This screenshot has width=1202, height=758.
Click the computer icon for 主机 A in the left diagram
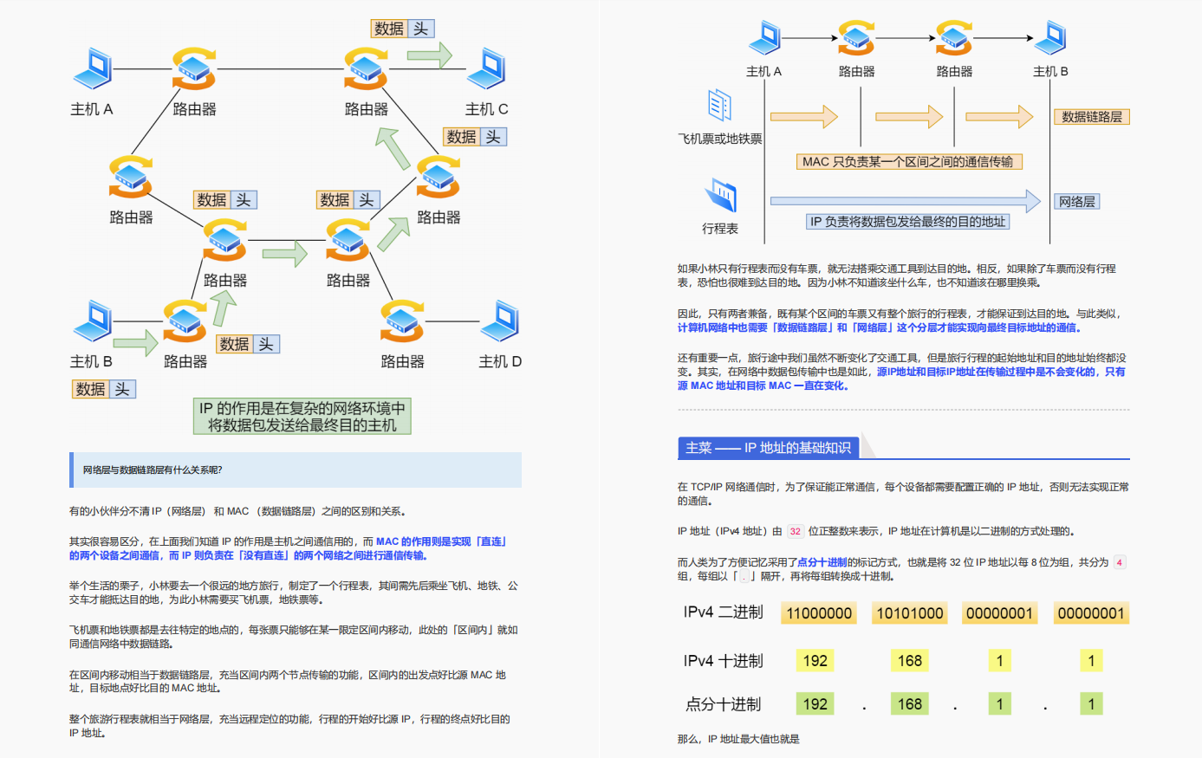pyautogui.click(x=94, y=68)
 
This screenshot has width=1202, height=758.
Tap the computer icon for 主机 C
pyautogui.click(x=487, y=68)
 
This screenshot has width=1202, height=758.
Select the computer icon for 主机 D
pyautogui.click(x=501, y=321)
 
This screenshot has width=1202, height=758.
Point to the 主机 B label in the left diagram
pyautogui.click(x=91, y=361)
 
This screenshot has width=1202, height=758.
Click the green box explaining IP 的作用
pyautogui.click(x=302, y=417)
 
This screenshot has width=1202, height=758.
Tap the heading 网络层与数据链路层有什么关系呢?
pyautogui.click(x=153, y=470)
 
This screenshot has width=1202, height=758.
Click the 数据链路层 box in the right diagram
pyautogui.click(x=1091, y=117)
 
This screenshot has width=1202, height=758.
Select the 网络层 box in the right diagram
pyautogui.click(x=1076, y=202)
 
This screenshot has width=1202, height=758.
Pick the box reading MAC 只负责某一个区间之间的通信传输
pyautogui.click(x=907, y=162)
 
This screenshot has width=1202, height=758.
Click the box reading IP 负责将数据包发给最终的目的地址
pyautogui.click(x=907, y=222)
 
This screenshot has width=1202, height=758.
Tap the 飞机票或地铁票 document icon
pyautogui.click(x=719, y=105)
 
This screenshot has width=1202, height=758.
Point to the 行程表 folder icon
pyautogui.click(x=720, y=196)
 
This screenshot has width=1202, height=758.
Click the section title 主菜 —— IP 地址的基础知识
pyautogui.click(x=768, y=448)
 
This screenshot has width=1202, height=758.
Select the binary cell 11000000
pyautogui.click(x=819, y=613)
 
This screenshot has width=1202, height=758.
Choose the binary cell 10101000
pyautogui.click(x=909, y=613)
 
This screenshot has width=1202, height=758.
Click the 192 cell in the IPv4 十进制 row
pyautogui.click(x=815, y=661)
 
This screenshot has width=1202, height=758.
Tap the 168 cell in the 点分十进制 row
pyautogui.click(x=909, y=704)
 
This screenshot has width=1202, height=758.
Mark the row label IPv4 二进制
pyautogui.click(x=723, y=612)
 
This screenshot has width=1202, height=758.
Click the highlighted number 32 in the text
pyautogui.click(x=795, y=532)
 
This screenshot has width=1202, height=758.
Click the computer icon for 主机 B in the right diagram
pyautogui.click(x=1050, y=38)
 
